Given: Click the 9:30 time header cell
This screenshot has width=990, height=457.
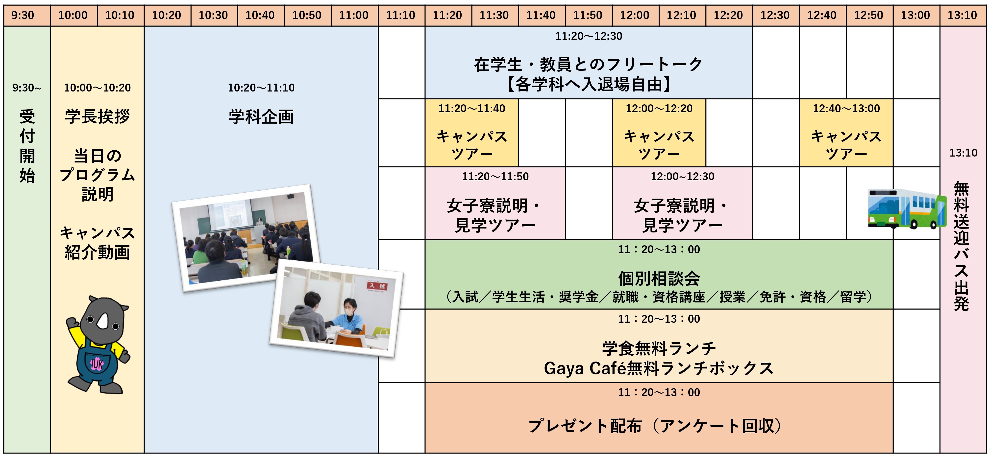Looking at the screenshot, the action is click(x=27, y=15).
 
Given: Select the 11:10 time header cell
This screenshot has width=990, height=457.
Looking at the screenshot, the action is click(x=401, y=15).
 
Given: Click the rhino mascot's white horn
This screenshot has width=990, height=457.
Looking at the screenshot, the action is click(x=103, y=321).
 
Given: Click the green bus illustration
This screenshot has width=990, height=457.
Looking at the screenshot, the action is click(x=907, y=208).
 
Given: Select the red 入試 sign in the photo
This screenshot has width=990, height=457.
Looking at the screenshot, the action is click(x=377, y=286).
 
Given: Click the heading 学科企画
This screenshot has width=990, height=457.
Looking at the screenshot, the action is click(x=261, y=117).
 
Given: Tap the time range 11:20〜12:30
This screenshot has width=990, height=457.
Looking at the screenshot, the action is click(x=589, y=36).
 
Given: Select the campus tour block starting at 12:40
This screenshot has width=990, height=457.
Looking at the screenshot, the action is click(x=846, y=133).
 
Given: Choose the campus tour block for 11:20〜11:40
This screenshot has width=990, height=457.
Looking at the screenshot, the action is click(x=472, y=133).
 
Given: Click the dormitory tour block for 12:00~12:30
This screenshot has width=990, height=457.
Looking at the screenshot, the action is click(x=683, y=203).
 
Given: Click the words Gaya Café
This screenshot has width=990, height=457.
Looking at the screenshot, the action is click(x=585, y=368).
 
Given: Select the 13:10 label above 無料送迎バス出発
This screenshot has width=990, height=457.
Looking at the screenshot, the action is click(x=964, y=153).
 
